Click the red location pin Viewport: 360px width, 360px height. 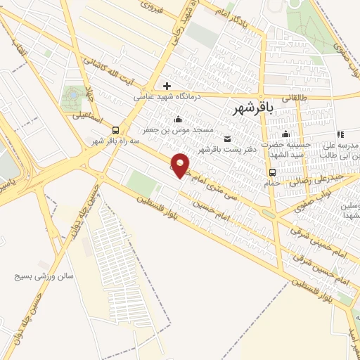(181, 165)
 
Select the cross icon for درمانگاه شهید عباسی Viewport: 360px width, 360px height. (167, 86)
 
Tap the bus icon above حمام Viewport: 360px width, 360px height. (271, 172)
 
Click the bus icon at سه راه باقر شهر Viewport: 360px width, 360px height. (115, 130)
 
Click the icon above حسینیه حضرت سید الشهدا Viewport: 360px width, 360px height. (285, 134)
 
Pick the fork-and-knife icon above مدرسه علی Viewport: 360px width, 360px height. (340, 134)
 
